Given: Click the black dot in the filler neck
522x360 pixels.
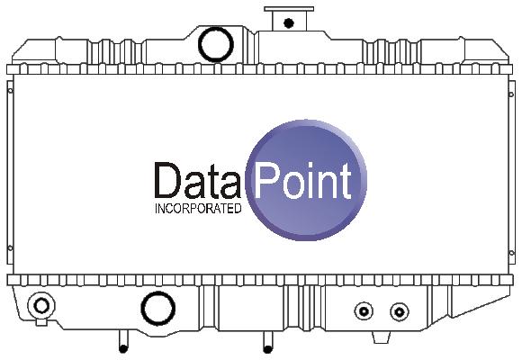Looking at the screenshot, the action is pyautogui.click(x=289, y=23).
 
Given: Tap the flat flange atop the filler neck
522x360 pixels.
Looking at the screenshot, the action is pyautogui.click(x=289, y=9).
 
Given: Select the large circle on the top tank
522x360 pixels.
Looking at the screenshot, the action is pyautogui.click(x=216, y=44).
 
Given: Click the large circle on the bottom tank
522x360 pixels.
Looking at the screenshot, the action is pyautogui.click(x=158, y=308).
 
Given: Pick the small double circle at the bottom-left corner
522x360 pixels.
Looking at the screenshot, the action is pyautogui.click(x=41, y=306).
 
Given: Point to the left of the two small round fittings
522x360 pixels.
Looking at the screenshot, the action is pyautogui.click(x=364, y=311).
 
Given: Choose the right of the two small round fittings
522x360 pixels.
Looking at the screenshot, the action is pyautogui.click(x=400, y=311).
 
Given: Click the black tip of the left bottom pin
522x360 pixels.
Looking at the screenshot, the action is pyautogui.click(x=123, y=349).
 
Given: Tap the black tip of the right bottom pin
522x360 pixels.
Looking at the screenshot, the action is pyautogui.click(x=267, y=349).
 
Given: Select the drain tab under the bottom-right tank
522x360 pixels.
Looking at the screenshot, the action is pyautogui.click(x=380, y=337).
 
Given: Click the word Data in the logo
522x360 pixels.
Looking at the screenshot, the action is pyautogui.click(x=197, y=179).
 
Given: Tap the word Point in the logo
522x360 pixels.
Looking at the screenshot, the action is pyautogui.click(x=301, y=181).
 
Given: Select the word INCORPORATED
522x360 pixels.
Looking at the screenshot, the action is pyautogui.click(x=198, y=209).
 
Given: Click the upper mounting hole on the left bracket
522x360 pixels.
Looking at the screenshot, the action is pyautogui.click(x=10, y=91).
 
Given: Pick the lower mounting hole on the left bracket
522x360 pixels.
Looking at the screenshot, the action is pyautogui.click(x=10, y=248).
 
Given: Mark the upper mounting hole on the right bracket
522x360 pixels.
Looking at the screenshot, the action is pyautogui.click(x=511, y=94).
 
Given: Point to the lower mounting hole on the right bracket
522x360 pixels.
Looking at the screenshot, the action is pyautogui.click(x=511, y=253).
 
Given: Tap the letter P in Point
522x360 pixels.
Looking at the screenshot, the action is pyautogui.click(x=265, y=181).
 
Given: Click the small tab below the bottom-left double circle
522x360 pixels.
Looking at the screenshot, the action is pyautogui.click(x=41, y=322).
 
